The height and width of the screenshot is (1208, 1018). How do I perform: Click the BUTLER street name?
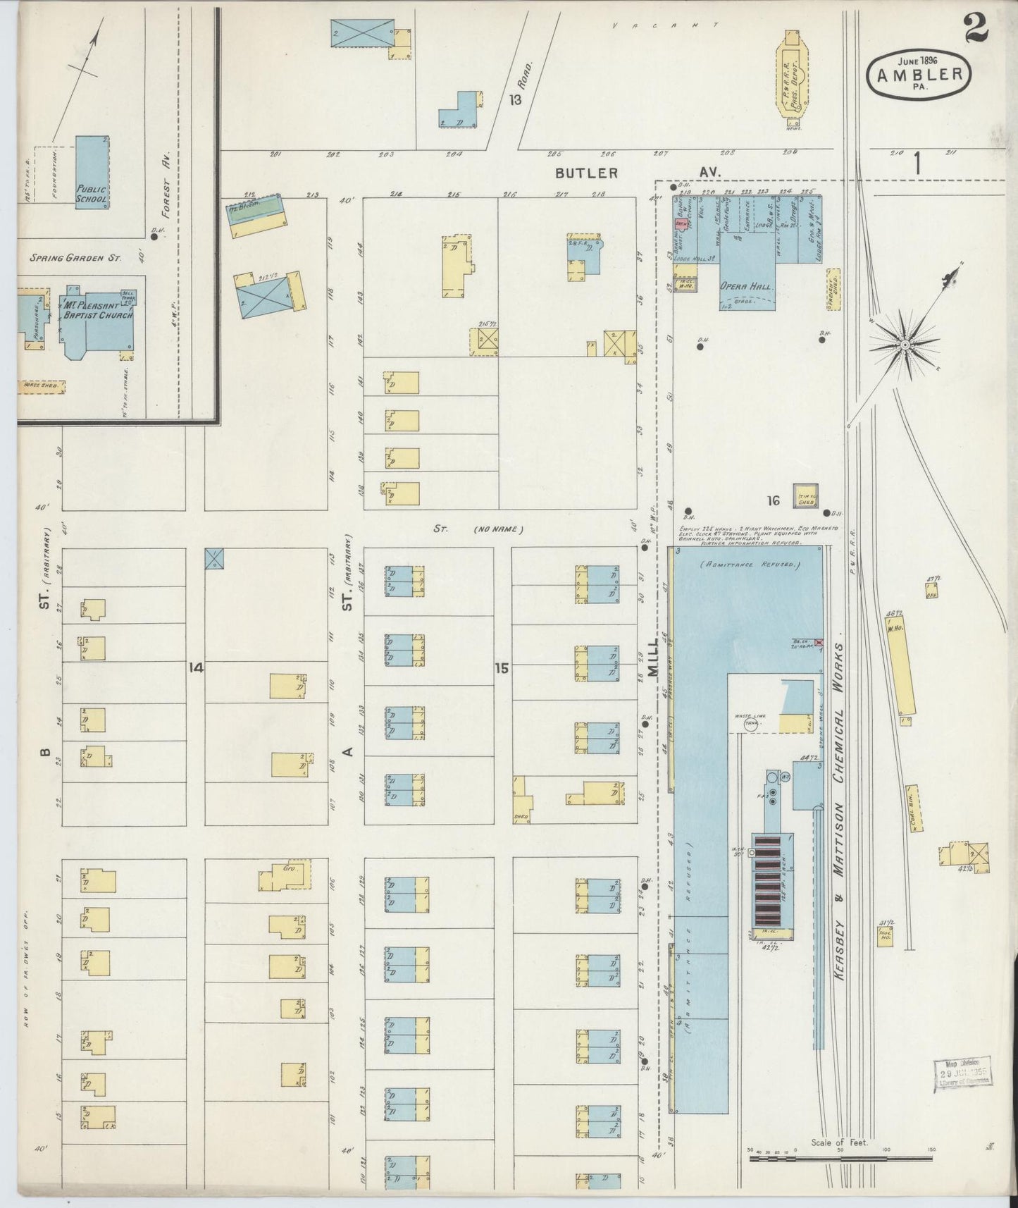[586, 173]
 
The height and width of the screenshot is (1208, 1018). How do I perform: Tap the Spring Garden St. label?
[75, 258]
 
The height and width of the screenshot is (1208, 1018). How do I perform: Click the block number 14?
[195, 667]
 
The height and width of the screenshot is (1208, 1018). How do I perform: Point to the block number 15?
[501, 667]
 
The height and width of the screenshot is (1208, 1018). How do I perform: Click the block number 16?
[774, 500]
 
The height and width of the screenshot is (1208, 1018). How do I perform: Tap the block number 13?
[516, 99]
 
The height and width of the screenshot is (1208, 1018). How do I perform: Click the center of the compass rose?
[905, 345]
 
